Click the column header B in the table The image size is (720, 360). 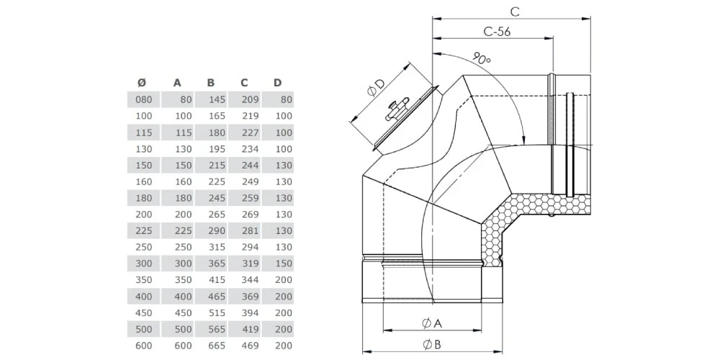(210, 83)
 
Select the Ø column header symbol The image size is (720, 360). (141, 83)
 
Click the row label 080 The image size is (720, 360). (144, 99)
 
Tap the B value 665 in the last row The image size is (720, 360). (216, 346)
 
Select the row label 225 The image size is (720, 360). (144, 231)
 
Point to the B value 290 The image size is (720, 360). (216, 231)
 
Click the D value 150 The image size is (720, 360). (283, 264)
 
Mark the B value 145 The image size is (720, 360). (216, 99)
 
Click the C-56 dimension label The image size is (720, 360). (497, 32)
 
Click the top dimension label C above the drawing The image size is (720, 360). (514, 11)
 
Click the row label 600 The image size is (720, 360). (144, 346)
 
